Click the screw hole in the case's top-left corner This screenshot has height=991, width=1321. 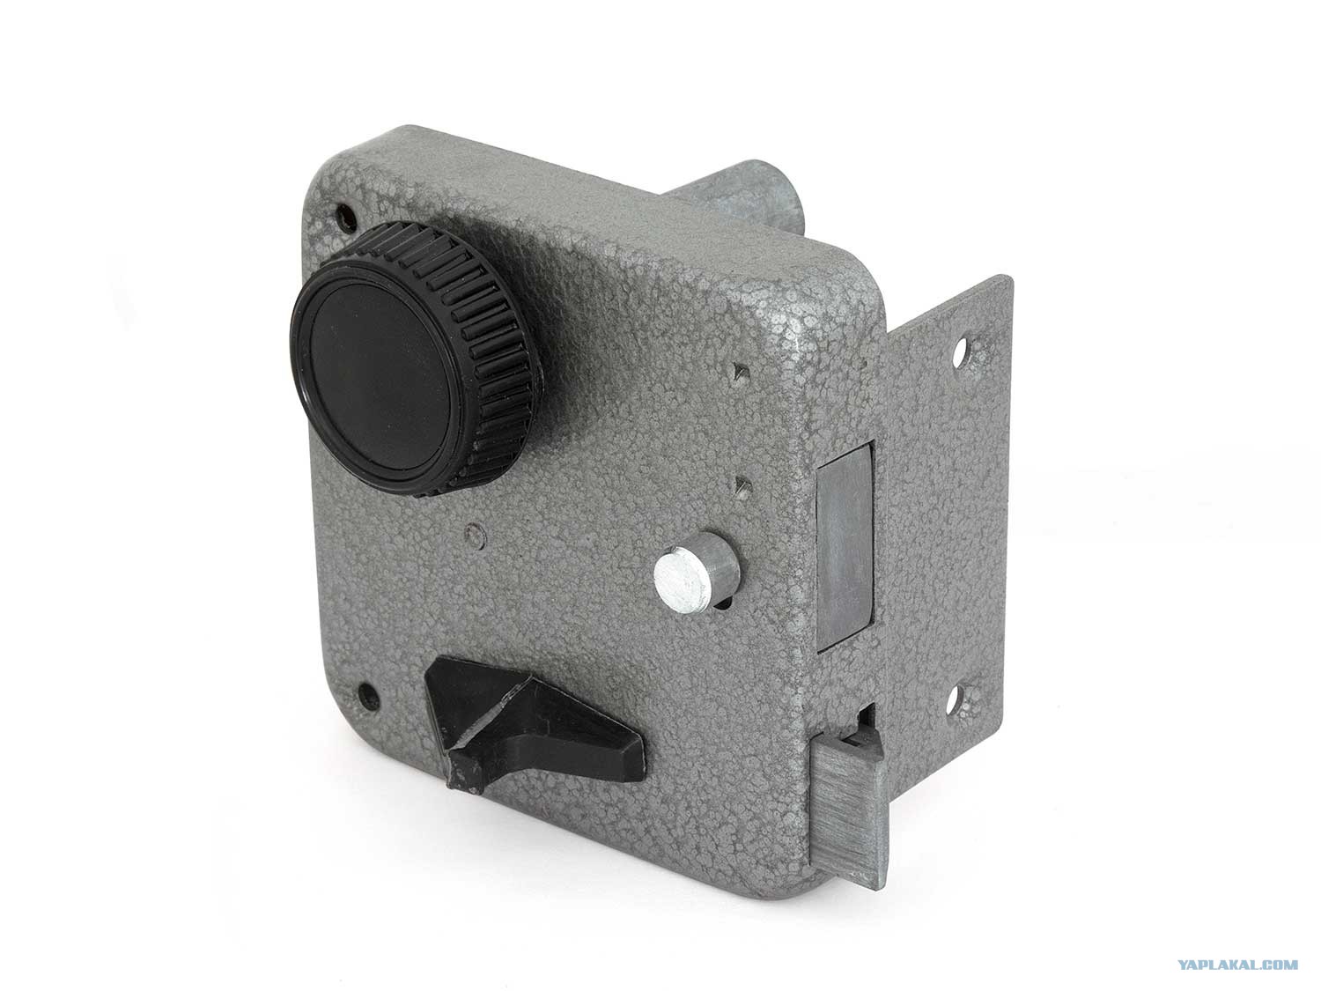pos(345,218)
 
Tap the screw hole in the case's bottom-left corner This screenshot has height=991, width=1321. pos(368,697)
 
